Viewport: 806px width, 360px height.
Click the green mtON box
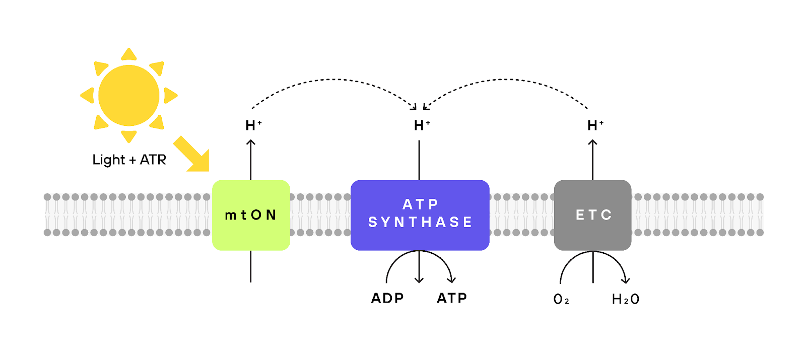pos(251,215)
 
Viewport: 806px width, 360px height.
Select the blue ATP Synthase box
pos(420,215)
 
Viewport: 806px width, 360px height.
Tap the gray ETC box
pos(592,215)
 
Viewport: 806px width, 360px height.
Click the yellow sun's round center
pos(129,96)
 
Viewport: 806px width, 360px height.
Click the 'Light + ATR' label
pos(129,160)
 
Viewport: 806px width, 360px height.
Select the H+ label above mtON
pos(253,125)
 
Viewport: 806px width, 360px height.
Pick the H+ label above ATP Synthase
pos(422,125)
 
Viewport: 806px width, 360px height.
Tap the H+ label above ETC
pos(595,125)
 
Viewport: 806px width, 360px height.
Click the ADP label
pos(387,298)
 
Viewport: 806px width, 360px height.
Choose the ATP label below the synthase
pos(452,298)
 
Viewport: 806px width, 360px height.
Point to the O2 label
pos(561,300)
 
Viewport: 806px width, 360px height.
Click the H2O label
pos(625,300)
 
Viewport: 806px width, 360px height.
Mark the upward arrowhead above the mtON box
pos(251,142)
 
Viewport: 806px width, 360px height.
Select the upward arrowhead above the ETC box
pos(592,142)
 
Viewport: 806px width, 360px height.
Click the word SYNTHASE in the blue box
pos(420,222)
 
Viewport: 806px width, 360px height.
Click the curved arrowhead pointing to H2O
pos(625,280)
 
